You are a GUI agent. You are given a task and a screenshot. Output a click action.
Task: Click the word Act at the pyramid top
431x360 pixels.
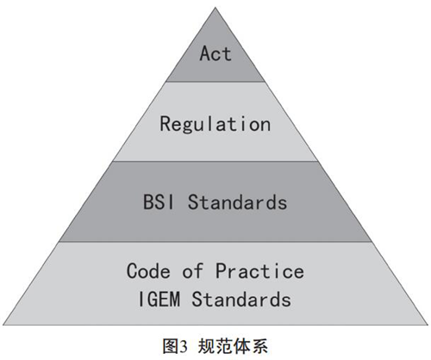click(215, 53)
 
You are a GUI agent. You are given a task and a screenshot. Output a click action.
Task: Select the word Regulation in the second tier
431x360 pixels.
click(215, 124)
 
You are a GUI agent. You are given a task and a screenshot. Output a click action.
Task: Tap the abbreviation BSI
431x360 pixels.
click(159, 202)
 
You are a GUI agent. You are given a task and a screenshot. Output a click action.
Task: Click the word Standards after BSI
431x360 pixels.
click(237, 202)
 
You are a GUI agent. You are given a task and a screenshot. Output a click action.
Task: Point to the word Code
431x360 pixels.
click(148, 270)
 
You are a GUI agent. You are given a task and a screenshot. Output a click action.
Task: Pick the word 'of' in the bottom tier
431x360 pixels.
click(192, 270)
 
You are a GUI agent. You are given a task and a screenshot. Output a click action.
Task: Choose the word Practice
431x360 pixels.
click(259, 270)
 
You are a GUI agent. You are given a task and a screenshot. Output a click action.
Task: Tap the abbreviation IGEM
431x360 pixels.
click(159, 299)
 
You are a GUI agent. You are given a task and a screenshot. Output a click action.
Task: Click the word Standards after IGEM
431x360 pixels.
click(241, 299)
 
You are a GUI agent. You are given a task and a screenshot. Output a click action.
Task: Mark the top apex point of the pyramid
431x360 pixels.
click(215, 8)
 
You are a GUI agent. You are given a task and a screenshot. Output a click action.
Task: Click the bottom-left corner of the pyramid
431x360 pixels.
click(3, 325)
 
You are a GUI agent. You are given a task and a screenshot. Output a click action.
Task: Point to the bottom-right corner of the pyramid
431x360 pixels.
click(428, 325)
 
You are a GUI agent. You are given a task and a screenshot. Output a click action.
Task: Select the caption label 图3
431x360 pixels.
click(175, 346)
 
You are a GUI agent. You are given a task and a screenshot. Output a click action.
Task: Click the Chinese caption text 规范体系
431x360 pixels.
click(233, 346)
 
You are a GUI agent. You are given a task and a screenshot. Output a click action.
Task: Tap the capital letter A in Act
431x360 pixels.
click(205, 53)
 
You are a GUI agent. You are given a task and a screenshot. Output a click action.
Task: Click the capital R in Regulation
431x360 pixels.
click(166, 123)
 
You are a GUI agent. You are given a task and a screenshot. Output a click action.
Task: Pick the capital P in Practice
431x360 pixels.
click(221, 270)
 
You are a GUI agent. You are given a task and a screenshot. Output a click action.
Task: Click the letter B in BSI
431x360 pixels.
click(148, 202)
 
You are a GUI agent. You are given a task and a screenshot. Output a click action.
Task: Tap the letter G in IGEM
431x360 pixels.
click(153, 299)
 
